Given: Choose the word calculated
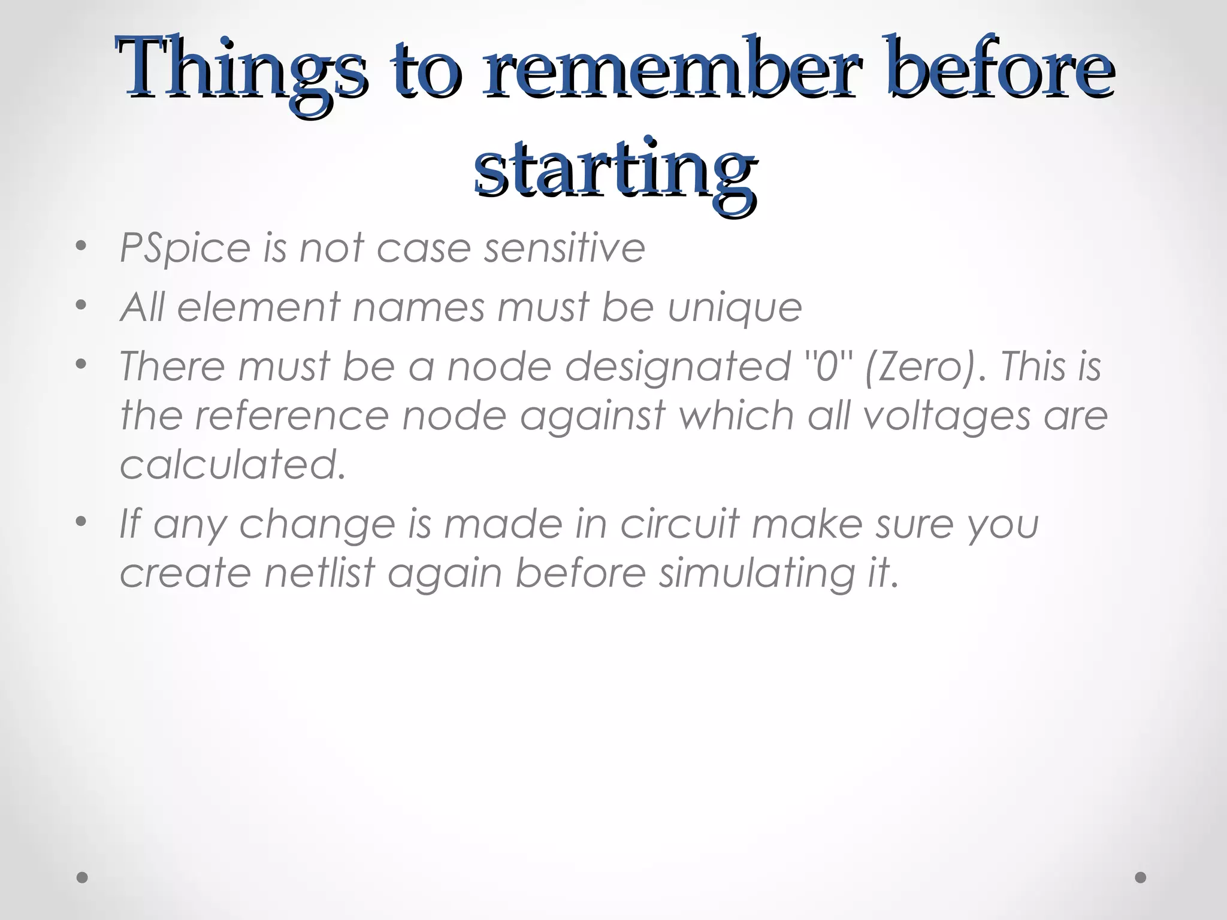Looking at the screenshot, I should click(x=233, y=464).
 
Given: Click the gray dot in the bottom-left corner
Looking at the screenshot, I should click(x=83, y=877).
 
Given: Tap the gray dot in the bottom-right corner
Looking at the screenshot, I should click(x=1141, y=877).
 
